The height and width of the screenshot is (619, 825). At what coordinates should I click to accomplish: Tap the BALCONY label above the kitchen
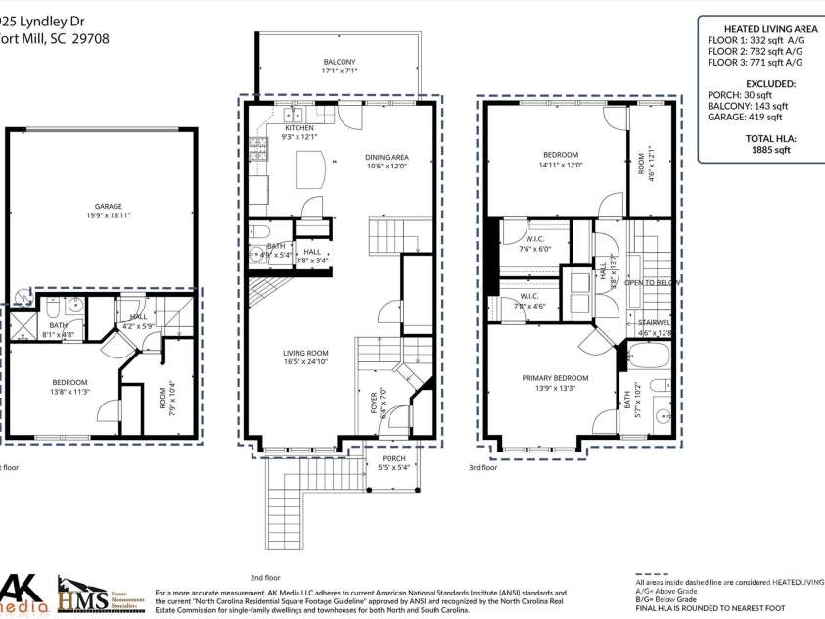(x=340, y=61)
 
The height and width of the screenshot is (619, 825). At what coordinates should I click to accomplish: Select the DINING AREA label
(x=388, y=157)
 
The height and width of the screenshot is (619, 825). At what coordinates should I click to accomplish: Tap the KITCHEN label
(x=299, y=128)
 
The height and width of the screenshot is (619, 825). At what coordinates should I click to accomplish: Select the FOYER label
(x=374, y=403)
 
